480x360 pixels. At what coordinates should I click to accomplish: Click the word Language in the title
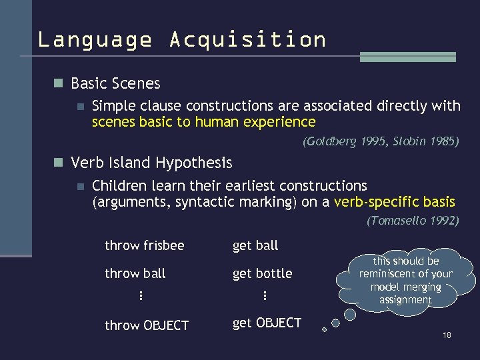tap(94, 40)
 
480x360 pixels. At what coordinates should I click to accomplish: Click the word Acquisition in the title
tap(247, 40)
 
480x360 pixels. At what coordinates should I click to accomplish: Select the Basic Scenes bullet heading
tap(115, 83)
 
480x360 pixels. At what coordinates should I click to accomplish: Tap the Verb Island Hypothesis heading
tap(151, 163)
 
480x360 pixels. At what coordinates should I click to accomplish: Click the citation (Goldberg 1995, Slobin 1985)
tap(381, 141)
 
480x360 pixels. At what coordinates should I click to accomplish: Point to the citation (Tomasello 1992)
tap(413, 221)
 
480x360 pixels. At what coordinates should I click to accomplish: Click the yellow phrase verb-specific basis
tap(395, 202)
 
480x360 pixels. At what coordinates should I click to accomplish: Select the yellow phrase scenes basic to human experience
tap(203, 122)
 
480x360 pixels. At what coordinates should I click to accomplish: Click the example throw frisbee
tap(144, 245)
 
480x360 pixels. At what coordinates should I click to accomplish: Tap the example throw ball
tap(135, 273)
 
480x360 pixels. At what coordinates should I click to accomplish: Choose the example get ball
tap(255, 245)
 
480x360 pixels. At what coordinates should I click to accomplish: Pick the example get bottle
tap(262, 273)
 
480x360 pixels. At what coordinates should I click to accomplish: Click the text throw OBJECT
tap(147, 325)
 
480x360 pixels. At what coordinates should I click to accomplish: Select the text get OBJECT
tap(267, 323)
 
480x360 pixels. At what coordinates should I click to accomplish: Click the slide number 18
tap(447, 335)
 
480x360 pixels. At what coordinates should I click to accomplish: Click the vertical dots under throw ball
tap(141, 295)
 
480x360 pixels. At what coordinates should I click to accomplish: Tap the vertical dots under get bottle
tap(265, 295)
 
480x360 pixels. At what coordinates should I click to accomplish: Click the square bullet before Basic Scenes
tap(58, 83)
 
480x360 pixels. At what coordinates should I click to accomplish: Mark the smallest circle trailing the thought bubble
tap(324, 329)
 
